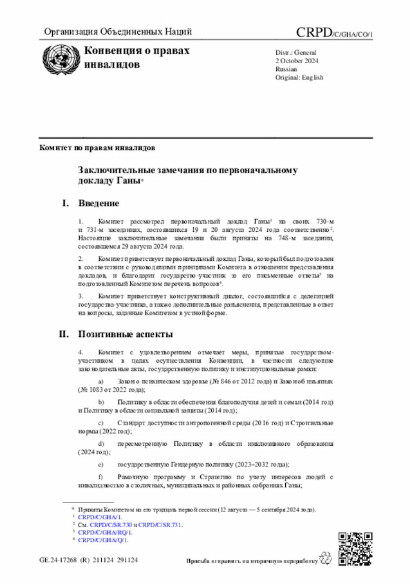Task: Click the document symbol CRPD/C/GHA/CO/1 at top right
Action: [334, 32]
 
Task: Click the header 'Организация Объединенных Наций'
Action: [118, 32]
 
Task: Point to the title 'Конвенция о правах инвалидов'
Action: [136, 57]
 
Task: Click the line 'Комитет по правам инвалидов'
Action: [97, 148]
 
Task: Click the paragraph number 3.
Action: [80, 296]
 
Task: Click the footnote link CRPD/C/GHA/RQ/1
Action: [105, 533]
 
